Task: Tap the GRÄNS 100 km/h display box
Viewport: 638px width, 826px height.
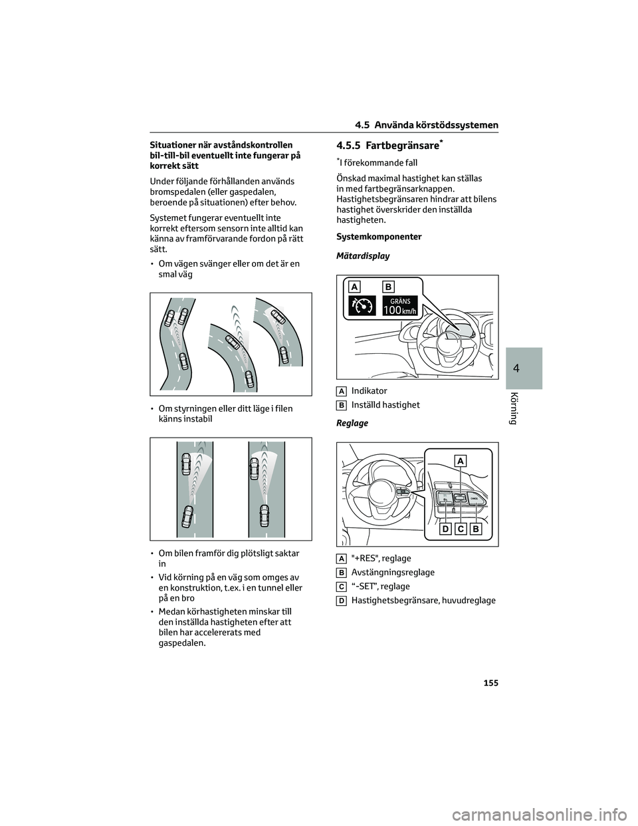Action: (x=400, y=306)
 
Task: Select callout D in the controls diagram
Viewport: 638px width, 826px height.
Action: (x=444, y=529)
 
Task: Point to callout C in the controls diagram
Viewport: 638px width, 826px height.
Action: (x=459, y=529)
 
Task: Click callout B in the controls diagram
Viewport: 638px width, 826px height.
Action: (x=476, y=529)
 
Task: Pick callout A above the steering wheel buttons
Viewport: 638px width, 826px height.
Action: (x=461, y=460)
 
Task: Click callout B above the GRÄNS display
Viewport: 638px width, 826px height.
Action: (x=388, y=287)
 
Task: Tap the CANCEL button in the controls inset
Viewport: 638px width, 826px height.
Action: (x=474, y=497)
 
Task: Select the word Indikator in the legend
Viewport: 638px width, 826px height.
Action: (x=369, y=391)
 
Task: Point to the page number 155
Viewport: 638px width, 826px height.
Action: (x=490, y=683)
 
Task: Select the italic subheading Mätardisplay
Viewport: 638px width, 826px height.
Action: (x=363, y=256)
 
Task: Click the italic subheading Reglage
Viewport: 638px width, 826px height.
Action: (x=352, y=423)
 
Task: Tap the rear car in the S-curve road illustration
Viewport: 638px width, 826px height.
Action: (x=184, y=362)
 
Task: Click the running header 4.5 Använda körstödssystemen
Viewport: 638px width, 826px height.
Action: (x=427, y=125)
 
